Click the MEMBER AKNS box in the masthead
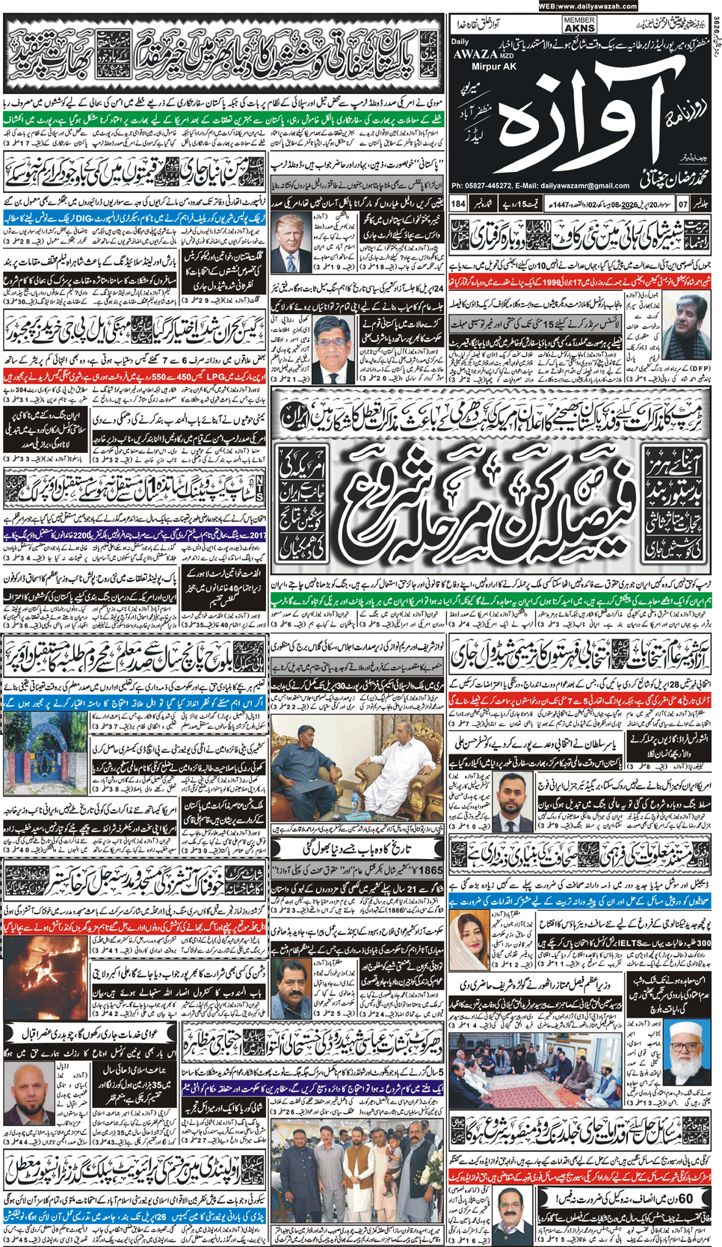point(579,25)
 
